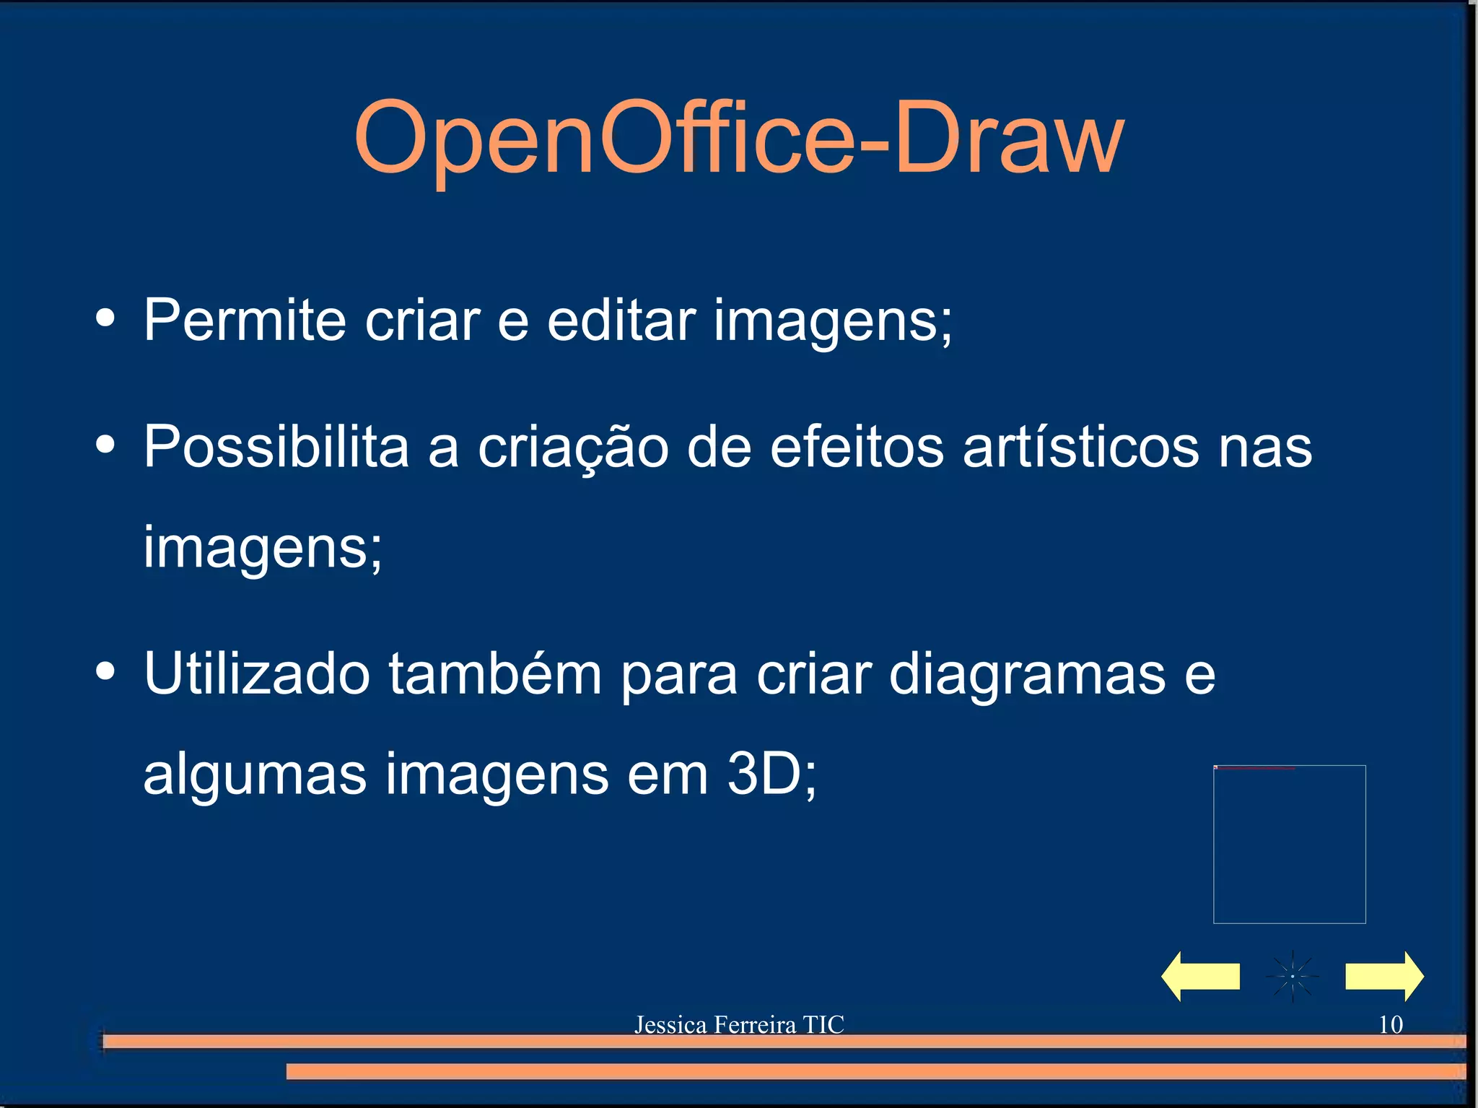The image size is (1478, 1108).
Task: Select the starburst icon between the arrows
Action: (x=1293, y=976)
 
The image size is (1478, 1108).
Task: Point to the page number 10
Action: (x=1391, y=1024)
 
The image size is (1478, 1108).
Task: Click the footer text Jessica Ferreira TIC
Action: (x=739, y=1024)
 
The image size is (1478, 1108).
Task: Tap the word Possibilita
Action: (x=276, y=446)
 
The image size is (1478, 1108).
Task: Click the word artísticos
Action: (x=1081, y=446)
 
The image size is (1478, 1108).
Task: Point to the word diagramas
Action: (x=1026, y=674)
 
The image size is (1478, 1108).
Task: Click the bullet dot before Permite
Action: (x=105, y=318)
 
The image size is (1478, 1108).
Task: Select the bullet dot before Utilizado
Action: (x=105, y=671)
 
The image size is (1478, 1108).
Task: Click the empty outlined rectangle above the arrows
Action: (x=1289, y=844)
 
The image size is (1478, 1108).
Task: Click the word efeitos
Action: (x=857, y=446)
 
